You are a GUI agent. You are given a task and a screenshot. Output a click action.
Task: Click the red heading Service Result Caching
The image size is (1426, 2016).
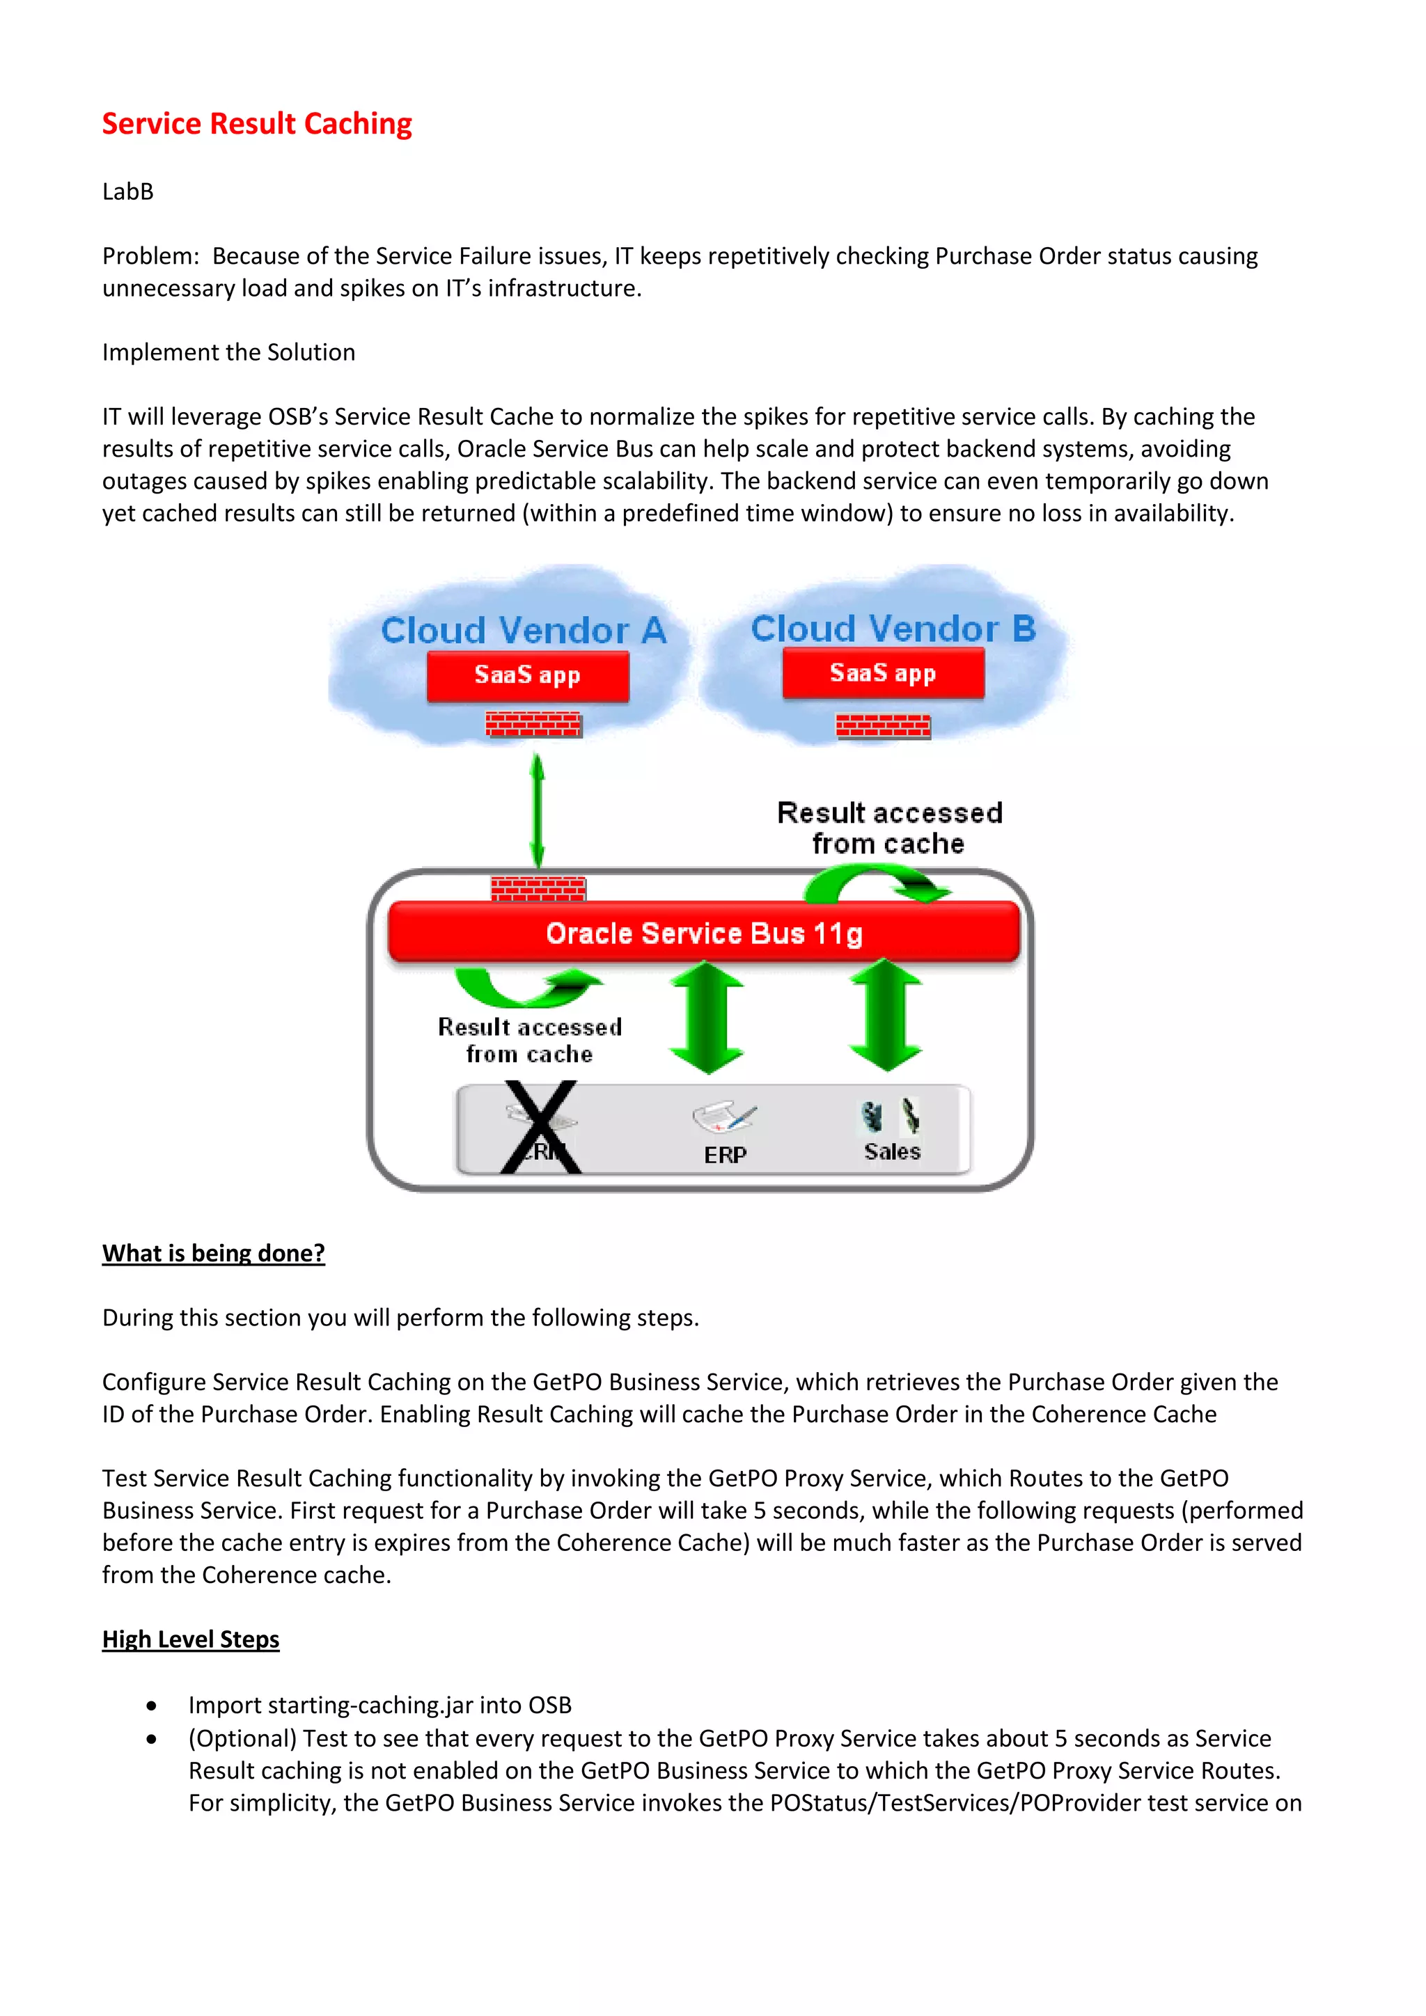256,124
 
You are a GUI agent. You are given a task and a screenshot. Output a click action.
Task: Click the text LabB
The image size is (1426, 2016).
128,191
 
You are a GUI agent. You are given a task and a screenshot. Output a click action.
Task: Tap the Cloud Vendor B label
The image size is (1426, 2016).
893,628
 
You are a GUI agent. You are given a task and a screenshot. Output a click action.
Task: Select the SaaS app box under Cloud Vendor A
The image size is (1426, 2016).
528,675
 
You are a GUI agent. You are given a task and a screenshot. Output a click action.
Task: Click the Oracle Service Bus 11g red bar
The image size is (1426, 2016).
703,933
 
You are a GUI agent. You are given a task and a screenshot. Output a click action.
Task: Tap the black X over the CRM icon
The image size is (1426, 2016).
540,1128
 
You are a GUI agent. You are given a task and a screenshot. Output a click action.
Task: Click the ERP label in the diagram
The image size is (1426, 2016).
726,1155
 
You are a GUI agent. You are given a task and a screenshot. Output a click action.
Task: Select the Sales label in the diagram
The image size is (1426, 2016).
892,1151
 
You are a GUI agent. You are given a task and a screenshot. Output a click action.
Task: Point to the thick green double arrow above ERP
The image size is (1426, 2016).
707,1017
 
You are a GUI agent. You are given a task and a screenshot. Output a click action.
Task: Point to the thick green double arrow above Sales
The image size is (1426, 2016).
886,1015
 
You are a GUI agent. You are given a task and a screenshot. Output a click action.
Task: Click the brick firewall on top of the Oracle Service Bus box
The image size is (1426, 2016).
538,888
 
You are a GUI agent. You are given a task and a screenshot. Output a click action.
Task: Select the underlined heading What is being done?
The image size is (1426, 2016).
213,1253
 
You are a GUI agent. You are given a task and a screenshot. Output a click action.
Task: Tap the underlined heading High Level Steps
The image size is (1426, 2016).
191,1639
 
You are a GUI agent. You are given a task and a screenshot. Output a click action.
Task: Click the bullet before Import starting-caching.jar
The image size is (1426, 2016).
152,1706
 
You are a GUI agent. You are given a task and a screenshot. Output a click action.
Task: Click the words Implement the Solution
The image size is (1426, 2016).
228,352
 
